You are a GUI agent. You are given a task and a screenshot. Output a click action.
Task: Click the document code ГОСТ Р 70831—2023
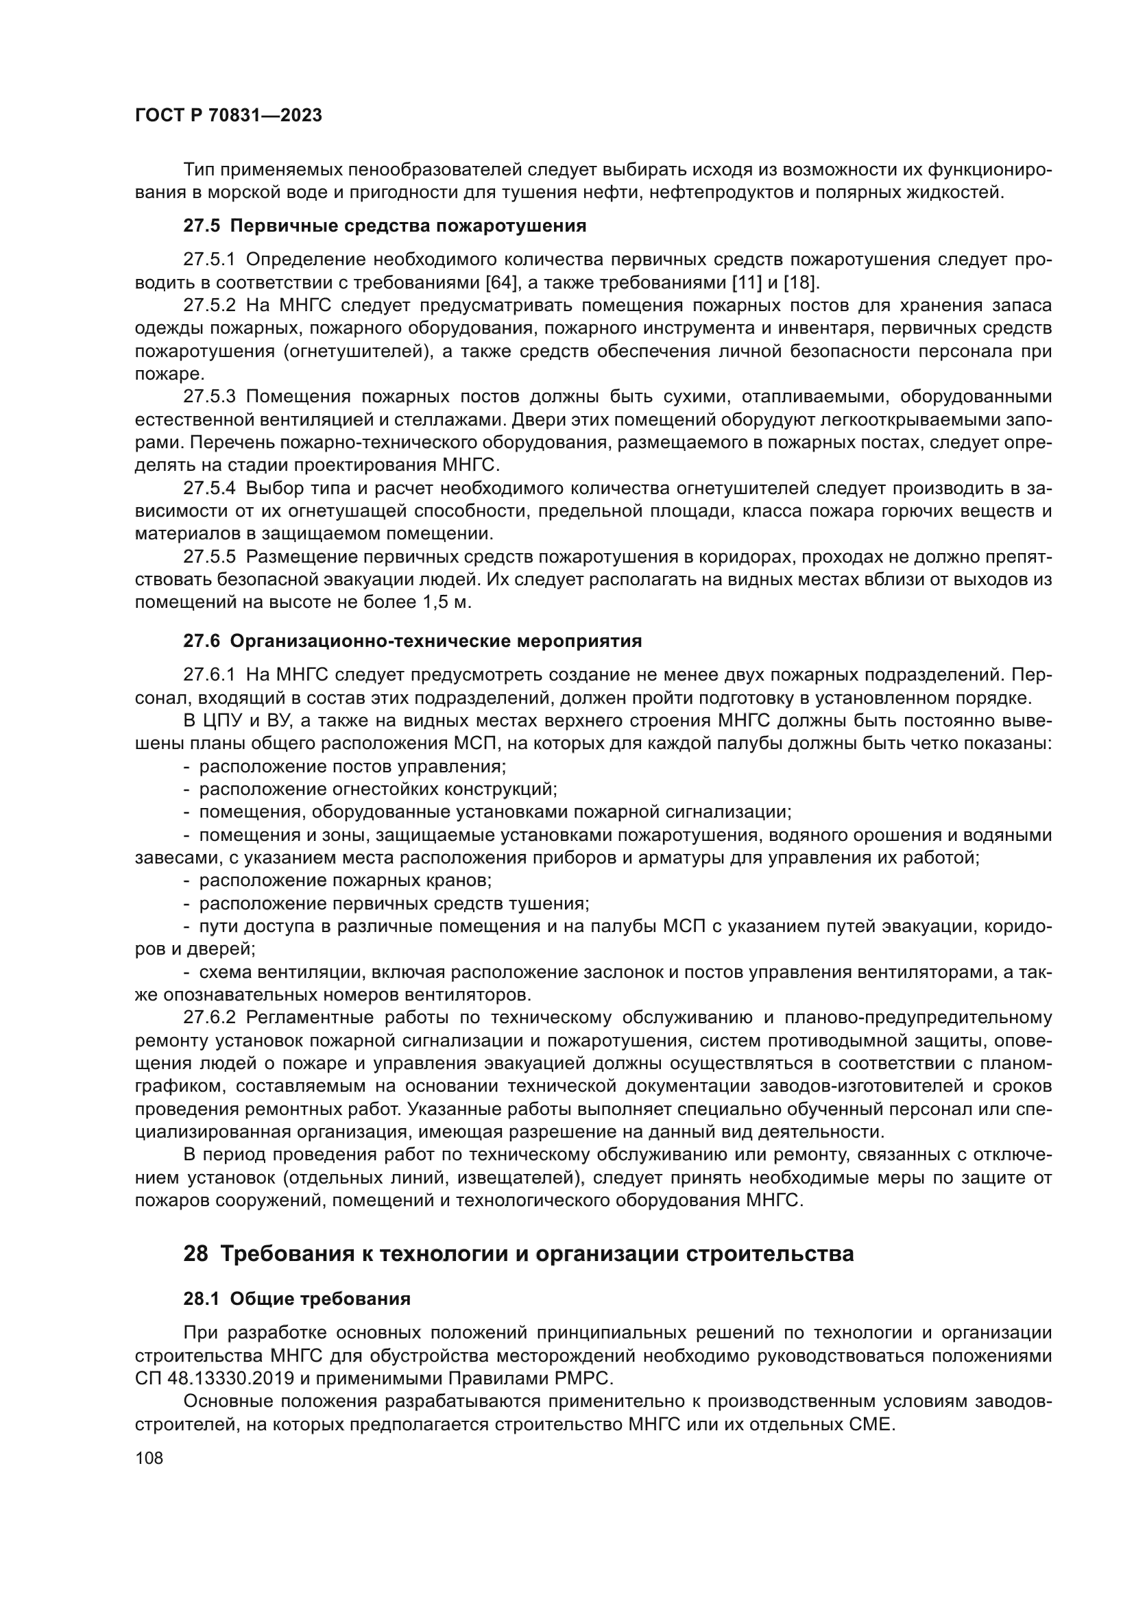tap(228, 116)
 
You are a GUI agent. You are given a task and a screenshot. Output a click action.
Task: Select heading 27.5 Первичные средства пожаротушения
tap(385, 225)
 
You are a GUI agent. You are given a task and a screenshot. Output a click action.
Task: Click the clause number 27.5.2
tap(210, 306)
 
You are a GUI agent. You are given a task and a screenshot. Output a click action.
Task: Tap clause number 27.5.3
tap(210, 397)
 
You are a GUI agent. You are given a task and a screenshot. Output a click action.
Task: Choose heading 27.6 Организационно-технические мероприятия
tap(412, 640)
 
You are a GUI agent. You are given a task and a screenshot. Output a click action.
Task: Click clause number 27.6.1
tap(210, 674)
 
